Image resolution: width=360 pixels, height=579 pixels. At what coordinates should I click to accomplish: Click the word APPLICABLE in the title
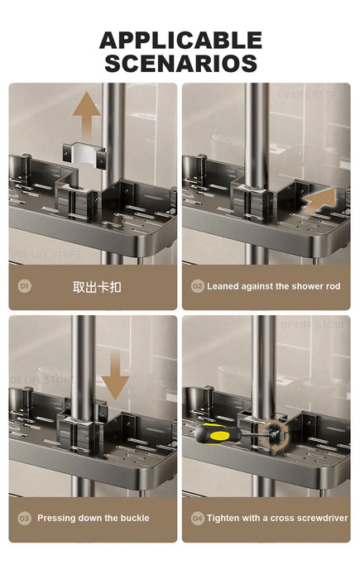[180, 40]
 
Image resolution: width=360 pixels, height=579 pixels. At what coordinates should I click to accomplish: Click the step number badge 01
[25, 286]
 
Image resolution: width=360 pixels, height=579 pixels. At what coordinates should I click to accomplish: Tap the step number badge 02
[197, 286]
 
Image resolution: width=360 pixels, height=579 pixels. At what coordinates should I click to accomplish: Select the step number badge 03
[25, 518]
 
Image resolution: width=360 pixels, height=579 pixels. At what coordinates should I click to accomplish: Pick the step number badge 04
[197, 518]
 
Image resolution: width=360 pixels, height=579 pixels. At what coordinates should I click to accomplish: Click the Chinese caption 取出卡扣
[97, 286]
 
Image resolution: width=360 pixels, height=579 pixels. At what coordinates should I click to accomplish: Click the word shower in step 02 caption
[293, 286]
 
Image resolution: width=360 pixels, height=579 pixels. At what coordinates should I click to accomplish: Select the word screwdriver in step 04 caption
[314, 518]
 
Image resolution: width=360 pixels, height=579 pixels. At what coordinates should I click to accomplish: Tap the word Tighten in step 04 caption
[224, 518]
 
